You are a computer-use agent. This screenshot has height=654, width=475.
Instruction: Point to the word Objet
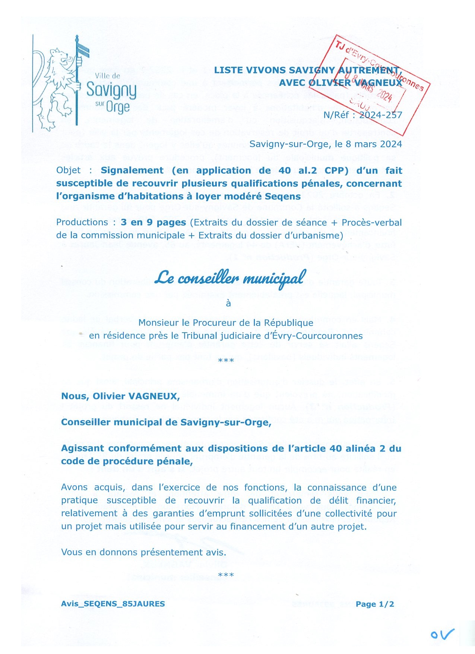tap(68, 170)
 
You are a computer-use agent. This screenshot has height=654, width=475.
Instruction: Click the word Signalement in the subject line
tap(132, 170)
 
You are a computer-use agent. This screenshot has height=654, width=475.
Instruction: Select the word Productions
tap(82, 223)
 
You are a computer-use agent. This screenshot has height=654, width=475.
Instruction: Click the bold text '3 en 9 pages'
tap(153, 223)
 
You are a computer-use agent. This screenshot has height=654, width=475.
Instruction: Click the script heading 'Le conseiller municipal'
tap(230, 278)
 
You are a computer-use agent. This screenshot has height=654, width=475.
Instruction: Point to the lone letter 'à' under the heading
tap(228, 304)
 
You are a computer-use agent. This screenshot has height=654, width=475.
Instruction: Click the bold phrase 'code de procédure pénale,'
tap(127, 461)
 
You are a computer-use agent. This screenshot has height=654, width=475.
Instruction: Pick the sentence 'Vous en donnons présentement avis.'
tap(143, 552)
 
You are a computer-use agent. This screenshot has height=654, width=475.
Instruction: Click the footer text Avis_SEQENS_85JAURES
tap(113, 604)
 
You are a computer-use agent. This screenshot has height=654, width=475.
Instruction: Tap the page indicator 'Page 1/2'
tap(374, 604)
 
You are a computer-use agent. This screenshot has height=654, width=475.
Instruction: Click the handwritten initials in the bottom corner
tap(442, 634)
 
